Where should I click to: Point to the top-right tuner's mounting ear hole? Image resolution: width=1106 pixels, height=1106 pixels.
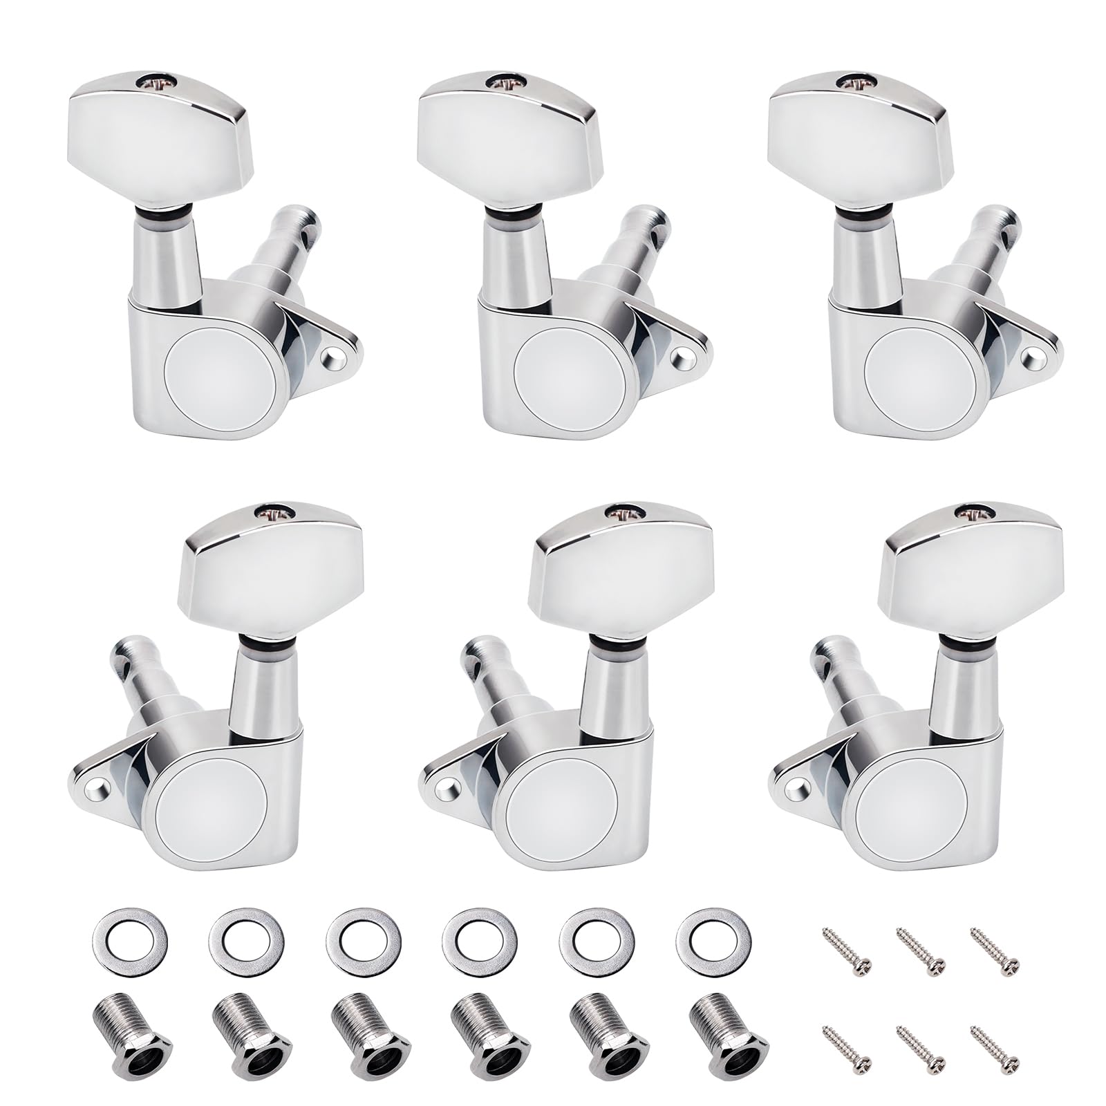1036,357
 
